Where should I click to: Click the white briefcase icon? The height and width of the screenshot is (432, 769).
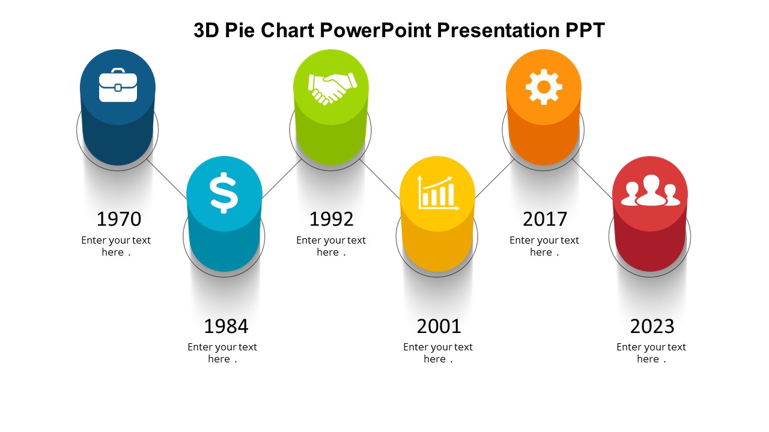118,86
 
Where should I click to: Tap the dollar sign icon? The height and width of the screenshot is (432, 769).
224,193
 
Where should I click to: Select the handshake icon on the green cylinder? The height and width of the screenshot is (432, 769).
332,88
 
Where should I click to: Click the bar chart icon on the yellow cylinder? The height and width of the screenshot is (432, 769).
438,193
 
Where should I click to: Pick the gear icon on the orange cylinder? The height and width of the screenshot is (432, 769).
544,87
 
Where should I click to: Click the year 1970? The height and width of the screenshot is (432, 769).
119,219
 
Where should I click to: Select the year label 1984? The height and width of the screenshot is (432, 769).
226,326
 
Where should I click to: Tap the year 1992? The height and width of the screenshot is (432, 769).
332,219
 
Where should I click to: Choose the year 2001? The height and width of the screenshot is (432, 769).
439,326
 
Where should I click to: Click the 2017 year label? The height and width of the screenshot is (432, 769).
545,219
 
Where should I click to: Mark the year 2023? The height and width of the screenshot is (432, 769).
652,326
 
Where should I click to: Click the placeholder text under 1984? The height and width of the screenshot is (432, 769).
222,353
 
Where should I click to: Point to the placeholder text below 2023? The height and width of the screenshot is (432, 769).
651,353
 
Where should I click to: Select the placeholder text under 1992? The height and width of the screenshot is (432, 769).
331,246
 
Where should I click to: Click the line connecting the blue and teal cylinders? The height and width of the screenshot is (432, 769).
168,179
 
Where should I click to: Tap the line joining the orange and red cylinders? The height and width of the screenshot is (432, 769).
592,179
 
